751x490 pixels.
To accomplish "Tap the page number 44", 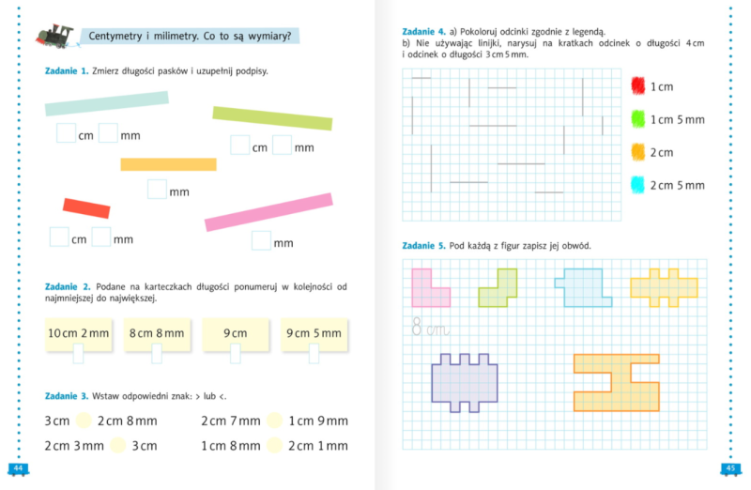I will tap(18, 468).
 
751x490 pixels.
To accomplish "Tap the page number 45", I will tap(731, 468).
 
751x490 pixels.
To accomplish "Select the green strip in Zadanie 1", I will tap(272, 118).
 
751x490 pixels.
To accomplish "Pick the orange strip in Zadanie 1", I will tap(168, 164).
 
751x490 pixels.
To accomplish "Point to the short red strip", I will tap(86, 207).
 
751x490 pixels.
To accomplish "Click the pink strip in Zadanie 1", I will tap(269, 211).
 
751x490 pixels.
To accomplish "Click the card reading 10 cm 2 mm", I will tap(78, 334).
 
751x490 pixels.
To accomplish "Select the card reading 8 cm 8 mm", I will tap(156, 334).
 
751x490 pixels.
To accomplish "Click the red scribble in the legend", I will tap(638, 85).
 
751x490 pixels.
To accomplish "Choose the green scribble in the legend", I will tap(638, 119).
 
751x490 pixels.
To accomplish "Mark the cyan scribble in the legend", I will tap(638, 185).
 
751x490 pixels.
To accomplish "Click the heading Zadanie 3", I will tap(67, 396).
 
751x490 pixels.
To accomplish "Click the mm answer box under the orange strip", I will tap(157, 190).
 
